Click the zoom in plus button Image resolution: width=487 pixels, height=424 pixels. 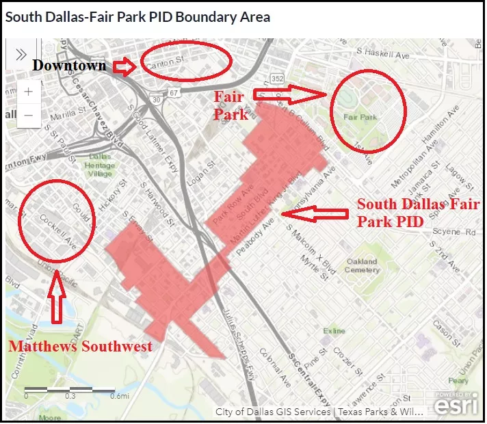pos(28,92)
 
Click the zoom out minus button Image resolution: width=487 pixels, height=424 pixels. pos(28,115)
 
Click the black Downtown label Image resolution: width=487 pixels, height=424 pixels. pos(69,66)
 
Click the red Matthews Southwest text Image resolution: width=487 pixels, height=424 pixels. pos(80,347)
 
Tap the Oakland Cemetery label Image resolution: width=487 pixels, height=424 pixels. pos(362,265)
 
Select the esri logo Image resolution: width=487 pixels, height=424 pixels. pos(452,403)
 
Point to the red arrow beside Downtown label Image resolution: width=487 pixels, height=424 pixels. pos(124,66)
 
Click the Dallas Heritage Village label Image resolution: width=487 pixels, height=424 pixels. pos(100,165)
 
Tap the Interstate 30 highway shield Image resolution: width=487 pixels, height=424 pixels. pos(157,100)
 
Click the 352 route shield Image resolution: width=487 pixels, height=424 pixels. pos(276,79)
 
